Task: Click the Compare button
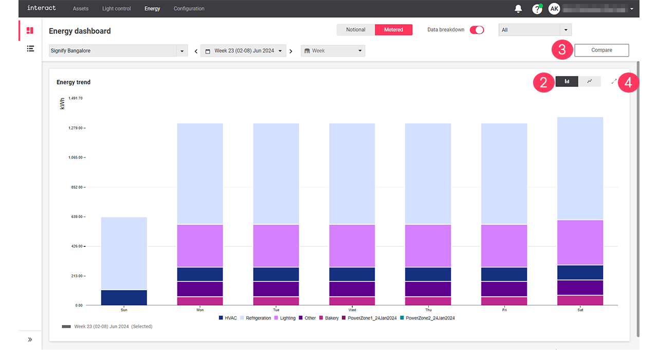coord(601,50)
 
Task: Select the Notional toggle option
coord(356,30)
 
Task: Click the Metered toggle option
coord(393,30)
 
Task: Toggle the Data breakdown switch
coord(477,30)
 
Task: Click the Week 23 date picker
coord(244,51)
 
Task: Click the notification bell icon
coord(518,9)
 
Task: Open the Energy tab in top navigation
coord(152,9)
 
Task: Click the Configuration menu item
coord(189,9)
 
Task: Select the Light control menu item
coord(116,9)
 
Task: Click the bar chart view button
coord(567,81)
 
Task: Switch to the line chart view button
coord(590,81)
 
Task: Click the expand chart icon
coord(614,81)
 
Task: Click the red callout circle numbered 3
coord(562,50)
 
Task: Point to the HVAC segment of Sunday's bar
coord(124,298)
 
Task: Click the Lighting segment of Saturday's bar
coord(580,242)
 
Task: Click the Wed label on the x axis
coord(352,310)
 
